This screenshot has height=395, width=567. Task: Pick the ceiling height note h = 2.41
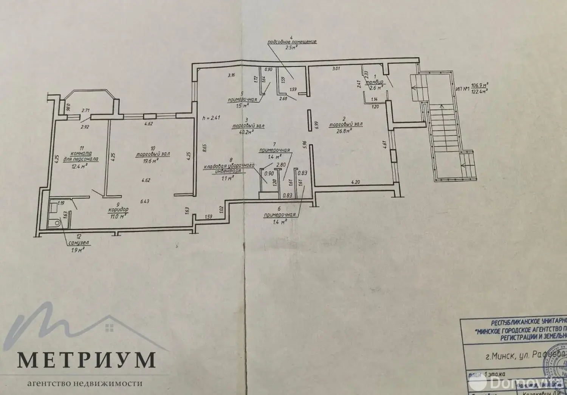pyautogui.click(x=211, y=118)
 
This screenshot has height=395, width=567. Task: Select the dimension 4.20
pyautogui.click(x=355, y=182)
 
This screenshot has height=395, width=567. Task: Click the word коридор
pyautogui.click(x=118, y=209)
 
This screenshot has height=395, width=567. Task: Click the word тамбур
pyautogui.click(x=375, y=82)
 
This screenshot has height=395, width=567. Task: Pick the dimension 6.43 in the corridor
pyautogui.click(x=144, y=202)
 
